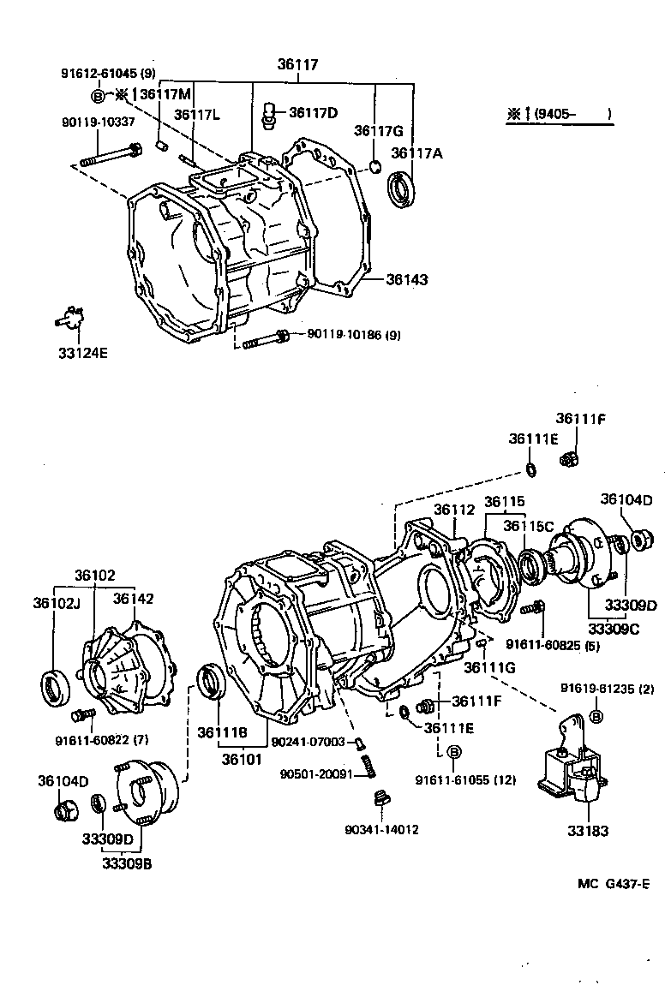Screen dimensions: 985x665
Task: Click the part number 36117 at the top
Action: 297,64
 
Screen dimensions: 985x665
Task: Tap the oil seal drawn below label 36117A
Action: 401,190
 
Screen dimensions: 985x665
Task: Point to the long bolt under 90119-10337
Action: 111,158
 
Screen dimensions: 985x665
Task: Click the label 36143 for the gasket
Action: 406,279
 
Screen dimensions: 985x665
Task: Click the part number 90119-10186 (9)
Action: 347,335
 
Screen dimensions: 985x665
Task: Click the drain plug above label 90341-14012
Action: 382,799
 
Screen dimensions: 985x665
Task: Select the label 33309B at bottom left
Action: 129,863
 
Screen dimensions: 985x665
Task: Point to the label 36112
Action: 453,510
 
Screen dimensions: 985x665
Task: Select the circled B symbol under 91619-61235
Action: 596,716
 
